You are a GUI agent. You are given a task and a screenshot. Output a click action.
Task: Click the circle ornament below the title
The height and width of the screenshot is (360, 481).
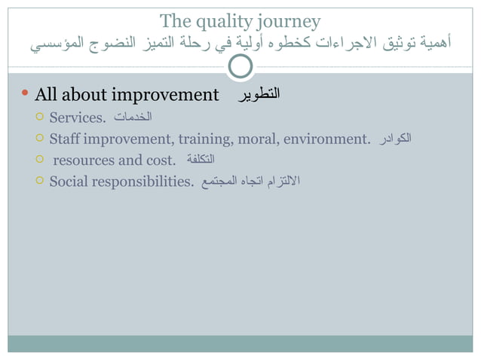click(240, 67)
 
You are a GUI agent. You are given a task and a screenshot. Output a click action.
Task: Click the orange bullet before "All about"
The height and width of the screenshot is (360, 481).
click(24, 95)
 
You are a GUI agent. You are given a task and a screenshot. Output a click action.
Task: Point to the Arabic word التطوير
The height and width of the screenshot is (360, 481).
click(259, 95)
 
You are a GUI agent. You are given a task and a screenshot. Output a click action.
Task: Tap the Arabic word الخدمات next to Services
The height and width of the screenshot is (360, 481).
click(133, 117)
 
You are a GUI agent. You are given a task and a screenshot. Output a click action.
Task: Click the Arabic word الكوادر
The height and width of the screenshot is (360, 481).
click(394, 139)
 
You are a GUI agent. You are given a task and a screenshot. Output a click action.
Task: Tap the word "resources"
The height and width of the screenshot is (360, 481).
click(84, 160)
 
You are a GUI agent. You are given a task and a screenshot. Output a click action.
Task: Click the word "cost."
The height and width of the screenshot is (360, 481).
click(160, 160)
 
